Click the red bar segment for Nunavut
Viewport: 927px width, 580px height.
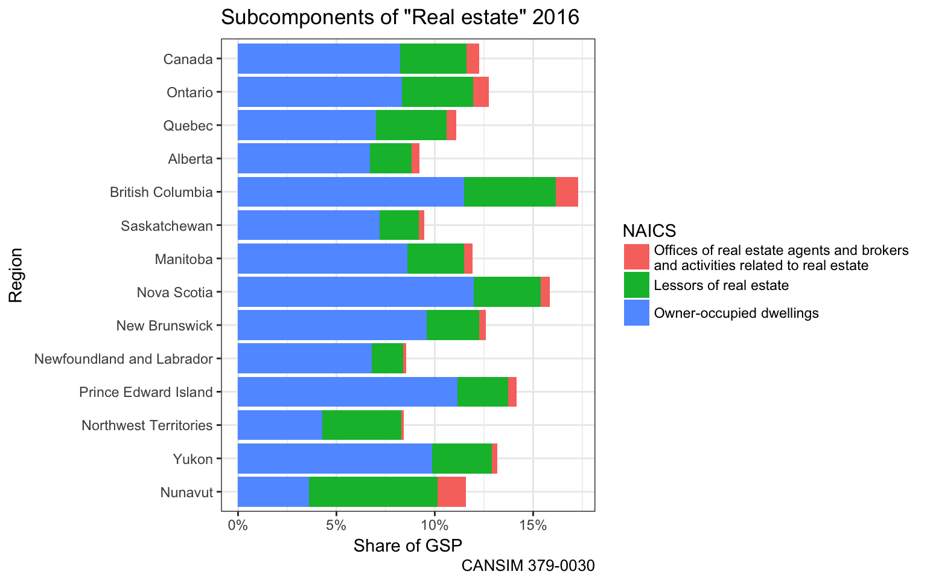451,492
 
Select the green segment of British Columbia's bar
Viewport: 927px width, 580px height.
510,192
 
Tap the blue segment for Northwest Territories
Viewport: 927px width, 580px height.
280,425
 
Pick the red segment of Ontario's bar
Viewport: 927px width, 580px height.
481,92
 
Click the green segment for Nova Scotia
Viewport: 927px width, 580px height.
507,292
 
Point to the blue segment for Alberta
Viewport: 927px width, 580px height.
304,159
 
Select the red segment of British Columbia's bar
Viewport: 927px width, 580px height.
567,192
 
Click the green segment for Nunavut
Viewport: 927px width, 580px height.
373,492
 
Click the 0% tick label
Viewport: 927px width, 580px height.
238,525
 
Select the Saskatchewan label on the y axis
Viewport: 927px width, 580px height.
167,226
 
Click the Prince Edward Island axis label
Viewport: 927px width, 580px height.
146,392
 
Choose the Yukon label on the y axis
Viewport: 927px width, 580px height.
193,459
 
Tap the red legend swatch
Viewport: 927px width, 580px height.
637,257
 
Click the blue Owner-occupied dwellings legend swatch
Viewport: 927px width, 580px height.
637,313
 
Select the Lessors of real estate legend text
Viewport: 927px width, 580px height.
721,285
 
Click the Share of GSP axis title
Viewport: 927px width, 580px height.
407,546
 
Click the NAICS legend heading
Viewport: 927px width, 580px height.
649,230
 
